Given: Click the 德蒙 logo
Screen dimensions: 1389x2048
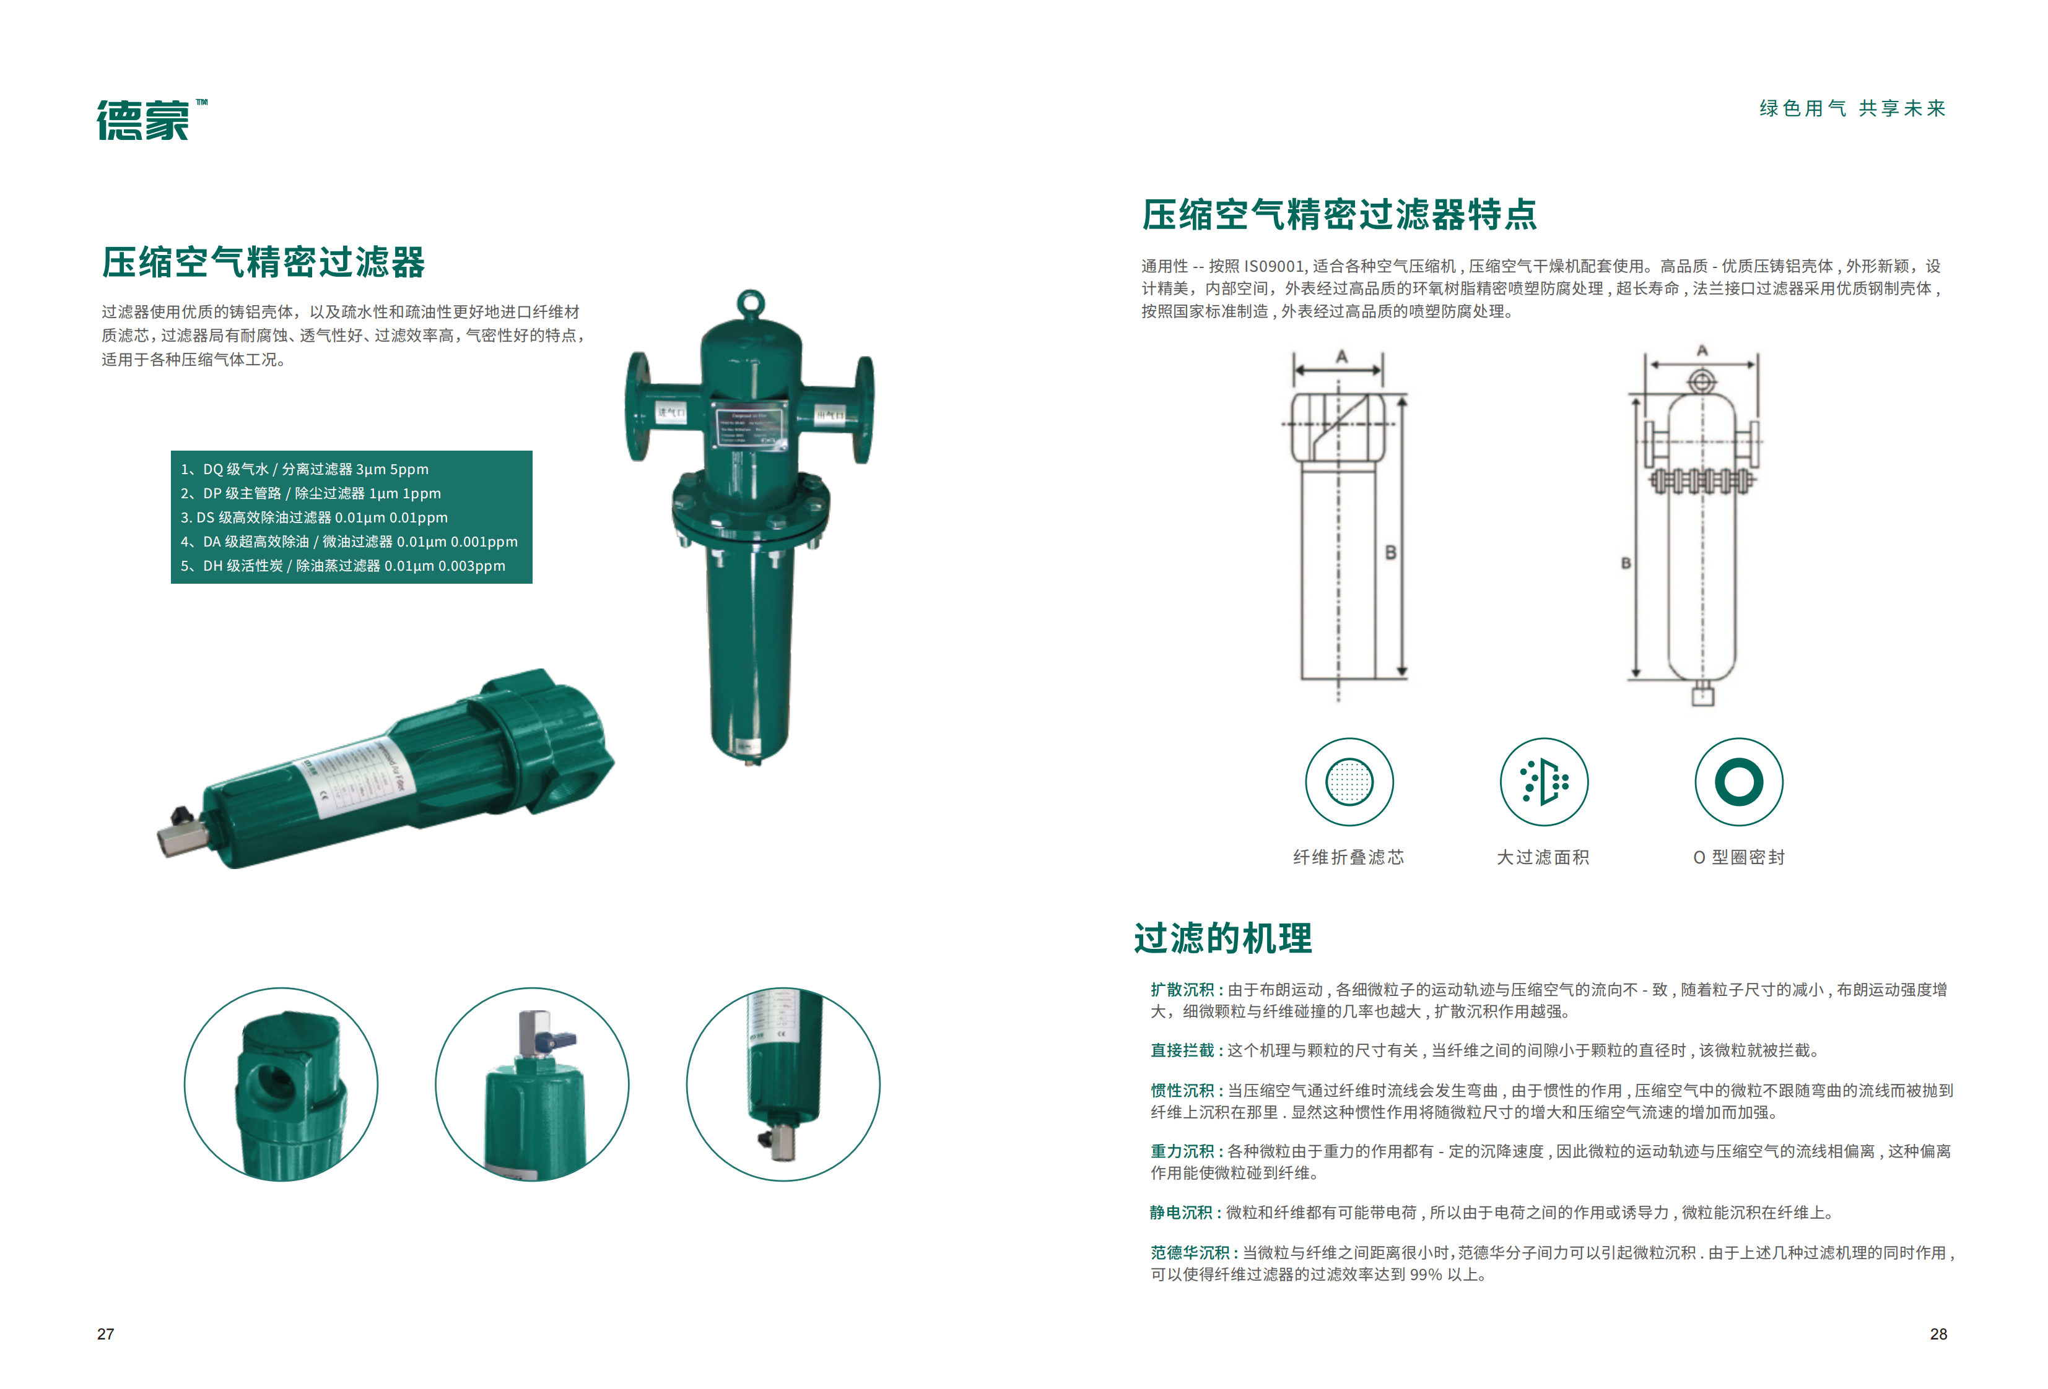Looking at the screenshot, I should (x=144, y=120).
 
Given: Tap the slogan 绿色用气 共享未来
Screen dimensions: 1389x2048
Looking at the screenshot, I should (x=1852, y=108).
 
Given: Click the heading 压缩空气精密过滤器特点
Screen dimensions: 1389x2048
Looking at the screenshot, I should (x=1339, y=215).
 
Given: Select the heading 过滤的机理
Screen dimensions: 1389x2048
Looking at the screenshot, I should (x=1222, y=938).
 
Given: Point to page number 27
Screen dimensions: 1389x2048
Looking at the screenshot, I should (x=106, y=1333).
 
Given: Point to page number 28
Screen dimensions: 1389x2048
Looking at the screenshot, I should (x=1938, y=1333).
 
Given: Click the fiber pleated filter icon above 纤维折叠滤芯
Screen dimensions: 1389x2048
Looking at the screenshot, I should (x=1348, y=781).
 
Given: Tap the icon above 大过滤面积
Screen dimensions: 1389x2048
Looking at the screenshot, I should (x=1544, y=781).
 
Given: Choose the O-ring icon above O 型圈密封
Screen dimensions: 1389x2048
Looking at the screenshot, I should (x=1739, y=781).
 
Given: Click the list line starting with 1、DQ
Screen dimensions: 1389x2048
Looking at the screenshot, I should (x=305, y=469).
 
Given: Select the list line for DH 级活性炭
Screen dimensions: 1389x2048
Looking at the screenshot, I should (x=344, y=566).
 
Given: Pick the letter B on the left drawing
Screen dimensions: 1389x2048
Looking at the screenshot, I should (x=1390, y=552).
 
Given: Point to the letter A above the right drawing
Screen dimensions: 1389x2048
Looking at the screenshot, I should (x=1702, y=350).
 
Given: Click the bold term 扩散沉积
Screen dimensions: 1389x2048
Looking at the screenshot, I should (x=1182, y=990).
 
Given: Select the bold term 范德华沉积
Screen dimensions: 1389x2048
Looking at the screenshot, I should (x=1190, y=1252).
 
